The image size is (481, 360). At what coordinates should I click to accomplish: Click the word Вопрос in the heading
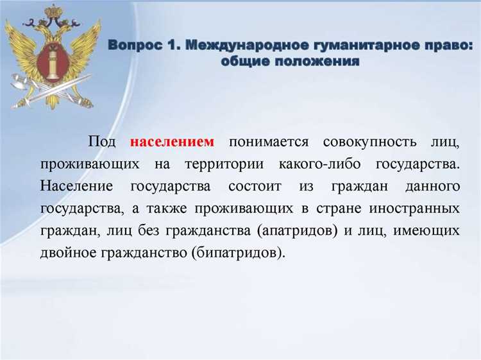tap(133, 46)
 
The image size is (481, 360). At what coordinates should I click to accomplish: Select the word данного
tap(433, 187)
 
